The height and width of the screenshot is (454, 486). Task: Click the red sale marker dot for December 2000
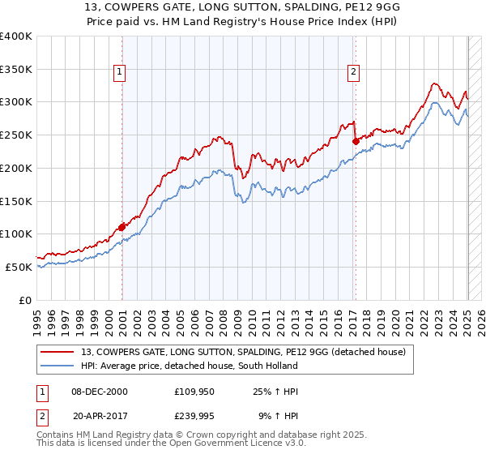click(x=122, y=227)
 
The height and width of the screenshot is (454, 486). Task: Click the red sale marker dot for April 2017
click(x=356, y=140)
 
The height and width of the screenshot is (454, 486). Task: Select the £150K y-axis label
click(x=16, y=200)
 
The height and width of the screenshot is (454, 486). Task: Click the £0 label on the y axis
click(x=26, y=299)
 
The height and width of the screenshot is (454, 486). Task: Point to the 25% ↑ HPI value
click(x=276, y=392)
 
